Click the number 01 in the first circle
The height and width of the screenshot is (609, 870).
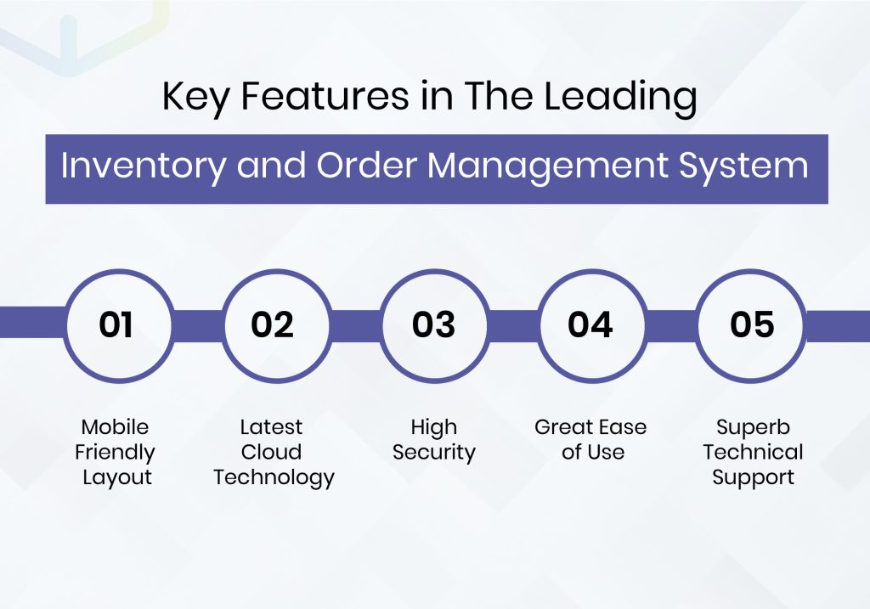(x=116, y=324)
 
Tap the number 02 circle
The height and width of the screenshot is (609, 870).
(x=272, y=324)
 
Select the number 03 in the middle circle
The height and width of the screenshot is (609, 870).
(x=433, y=324)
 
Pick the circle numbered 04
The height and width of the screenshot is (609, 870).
(x=590, y=324)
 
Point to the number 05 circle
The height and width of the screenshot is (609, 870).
(x=752, y=324)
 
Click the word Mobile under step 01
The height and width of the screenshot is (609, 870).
(x=115, y=426)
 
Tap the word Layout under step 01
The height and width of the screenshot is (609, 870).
(x=116, y=477)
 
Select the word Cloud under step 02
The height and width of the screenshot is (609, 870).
(x=272, y=452)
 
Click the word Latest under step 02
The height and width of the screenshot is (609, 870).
(x=272, y=426)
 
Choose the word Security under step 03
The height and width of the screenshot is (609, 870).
(x=433, y=452)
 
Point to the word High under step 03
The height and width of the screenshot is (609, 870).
(x=433, y=426)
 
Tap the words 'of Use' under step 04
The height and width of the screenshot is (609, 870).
(x=592, y=452)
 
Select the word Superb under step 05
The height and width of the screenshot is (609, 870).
(x=753, y=426)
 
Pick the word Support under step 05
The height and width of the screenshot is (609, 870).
(x=753, y=477)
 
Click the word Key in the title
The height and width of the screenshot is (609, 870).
(x=192, y=99)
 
